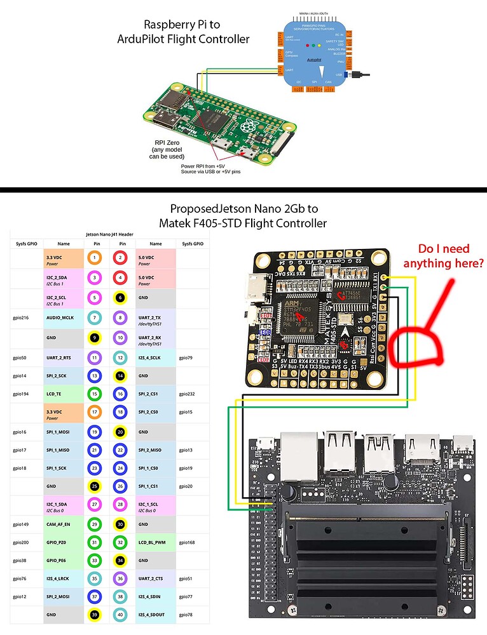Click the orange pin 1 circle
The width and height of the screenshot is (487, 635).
tap(94, 258)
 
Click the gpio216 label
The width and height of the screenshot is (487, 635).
tap(22, 317)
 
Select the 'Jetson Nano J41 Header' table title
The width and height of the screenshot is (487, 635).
tap(108, 233)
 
